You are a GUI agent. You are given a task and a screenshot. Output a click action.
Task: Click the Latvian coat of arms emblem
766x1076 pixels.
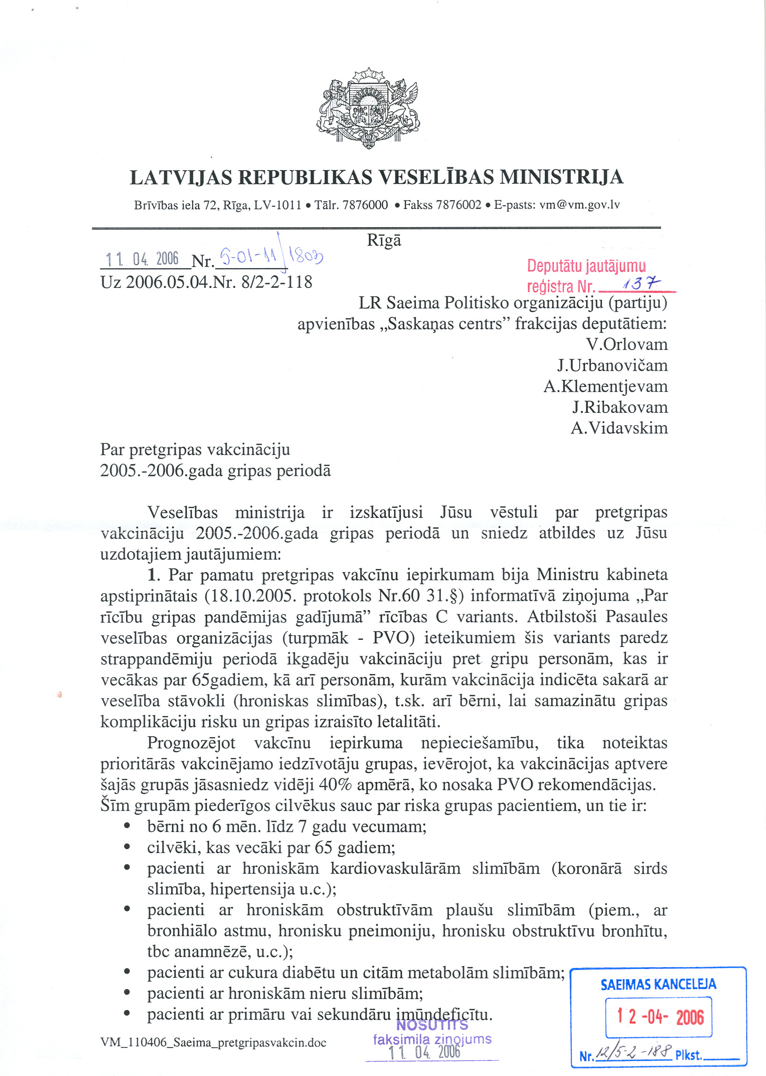[x=368, y=108]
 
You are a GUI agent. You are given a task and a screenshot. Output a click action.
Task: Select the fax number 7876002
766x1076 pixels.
[x=461, y=205]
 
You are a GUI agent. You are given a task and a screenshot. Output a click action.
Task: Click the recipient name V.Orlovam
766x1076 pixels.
[x=627, y=344]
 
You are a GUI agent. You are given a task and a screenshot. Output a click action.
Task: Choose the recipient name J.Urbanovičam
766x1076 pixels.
[x=612, y=365]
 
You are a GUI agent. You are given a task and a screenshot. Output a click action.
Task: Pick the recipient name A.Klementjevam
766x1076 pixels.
[x=606, y=387]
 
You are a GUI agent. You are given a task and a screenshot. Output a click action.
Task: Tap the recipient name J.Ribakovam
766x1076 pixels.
[x=620, y=407]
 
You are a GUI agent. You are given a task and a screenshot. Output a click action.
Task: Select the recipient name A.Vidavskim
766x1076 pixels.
[x=619, y=428]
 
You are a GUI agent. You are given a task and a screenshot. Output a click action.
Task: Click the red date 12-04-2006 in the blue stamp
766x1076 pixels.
[x=660, y=1017]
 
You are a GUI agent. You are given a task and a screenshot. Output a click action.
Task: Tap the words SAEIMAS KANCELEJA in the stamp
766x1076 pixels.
[x=658, y=984]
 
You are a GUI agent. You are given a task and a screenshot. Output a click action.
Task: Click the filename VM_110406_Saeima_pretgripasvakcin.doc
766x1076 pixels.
[x=213, y=1042]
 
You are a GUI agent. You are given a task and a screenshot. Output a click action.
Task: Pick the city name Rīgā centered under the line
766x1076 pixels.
[x=384, y=241]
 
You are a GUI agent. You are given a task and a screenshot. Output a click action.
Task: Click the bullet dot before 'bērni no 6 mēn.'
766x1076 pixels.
[x=127, y=826]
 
